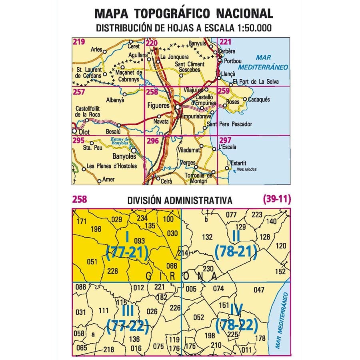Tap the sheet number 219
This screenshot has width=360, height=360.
[78, 42]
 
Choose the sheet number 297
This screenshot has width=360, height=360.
[225, 140]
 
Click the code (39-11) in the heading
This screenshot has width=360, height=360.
[276, 199]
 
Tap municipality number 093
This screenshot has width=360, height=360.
[139, 241]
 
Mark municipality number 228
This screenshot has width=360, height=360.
[113, 271]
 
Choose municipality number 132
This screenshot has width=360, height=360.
[207, 237]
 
